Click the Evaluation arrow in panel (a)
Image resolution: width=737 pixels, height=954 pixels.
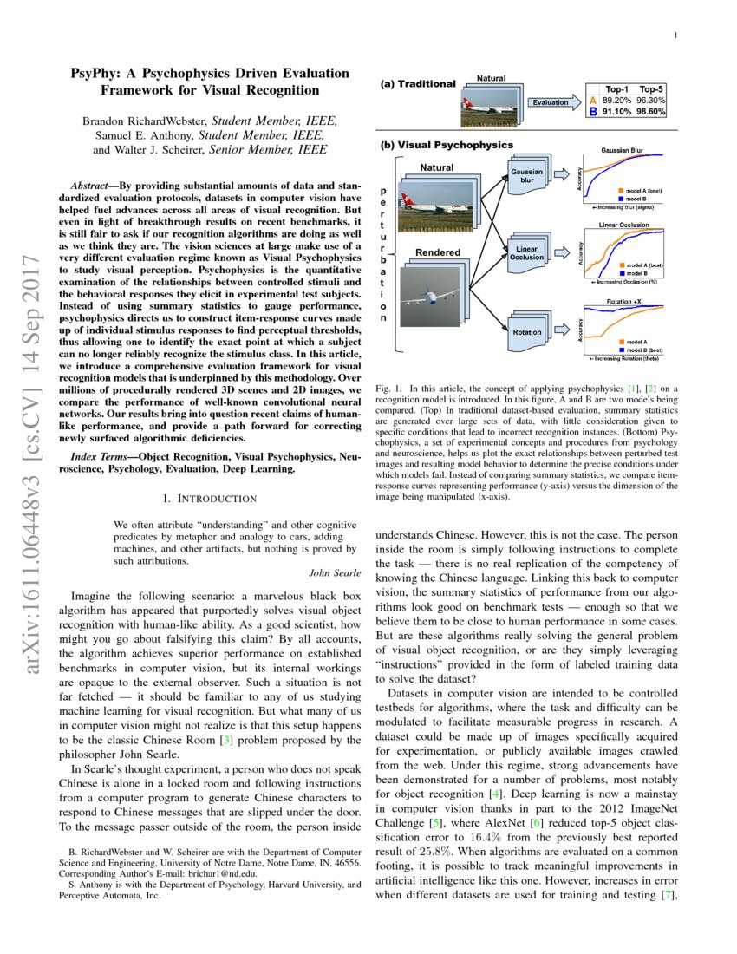551,102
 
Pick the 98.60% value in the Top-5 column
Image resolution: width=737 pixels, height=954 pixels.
651,112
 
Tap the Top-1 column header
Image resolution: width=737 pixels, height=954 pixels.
616,89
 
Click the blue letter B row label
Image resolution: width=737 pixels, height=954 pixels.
593,112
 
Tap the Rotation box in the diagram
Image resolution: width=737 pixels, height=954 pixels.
526,331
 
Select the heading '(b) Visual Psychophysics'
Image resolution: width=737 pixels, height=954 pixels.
447,145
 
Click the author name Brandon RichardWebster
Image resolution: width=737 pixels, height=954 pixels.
151,121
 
